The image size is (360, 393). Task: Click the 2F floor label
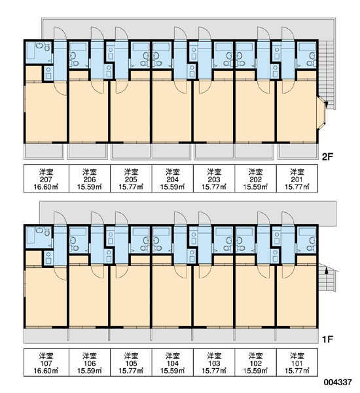click(327, 157)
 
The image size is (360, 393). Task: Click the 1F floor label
click(327, 339)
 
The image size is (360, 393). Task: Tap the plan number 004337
click(338, 382)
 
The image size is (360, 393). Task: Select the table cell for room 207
click(46, 178)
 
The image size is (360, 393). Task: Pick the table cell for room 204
click(173, 178)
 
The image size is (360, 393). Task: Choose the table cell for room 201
click(297, 178)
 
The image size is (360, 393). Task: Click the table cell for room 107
click(46, 362)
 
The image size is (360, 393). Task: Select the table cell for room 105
click(131, 362)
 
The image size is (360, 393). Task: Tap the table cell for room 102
click(255, 362)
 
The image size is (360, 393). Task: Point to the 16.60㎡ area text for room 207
click(46, 187)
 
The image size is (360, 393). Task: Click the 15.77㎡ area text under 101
click(297, 371)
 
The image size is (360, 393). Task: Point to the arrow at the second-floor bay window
click(326, 103)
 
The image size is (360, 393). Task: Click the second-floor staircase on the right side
click(327, 75)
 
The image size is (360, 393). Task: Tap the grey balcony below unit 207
click(44, 151)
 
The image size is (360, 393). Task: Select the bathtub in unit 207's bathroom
click(31, 52)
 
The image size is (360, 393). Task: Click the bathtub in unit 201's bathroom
click(307, 47)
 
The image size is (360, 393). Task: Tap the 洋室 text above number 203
click(214, 172)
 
